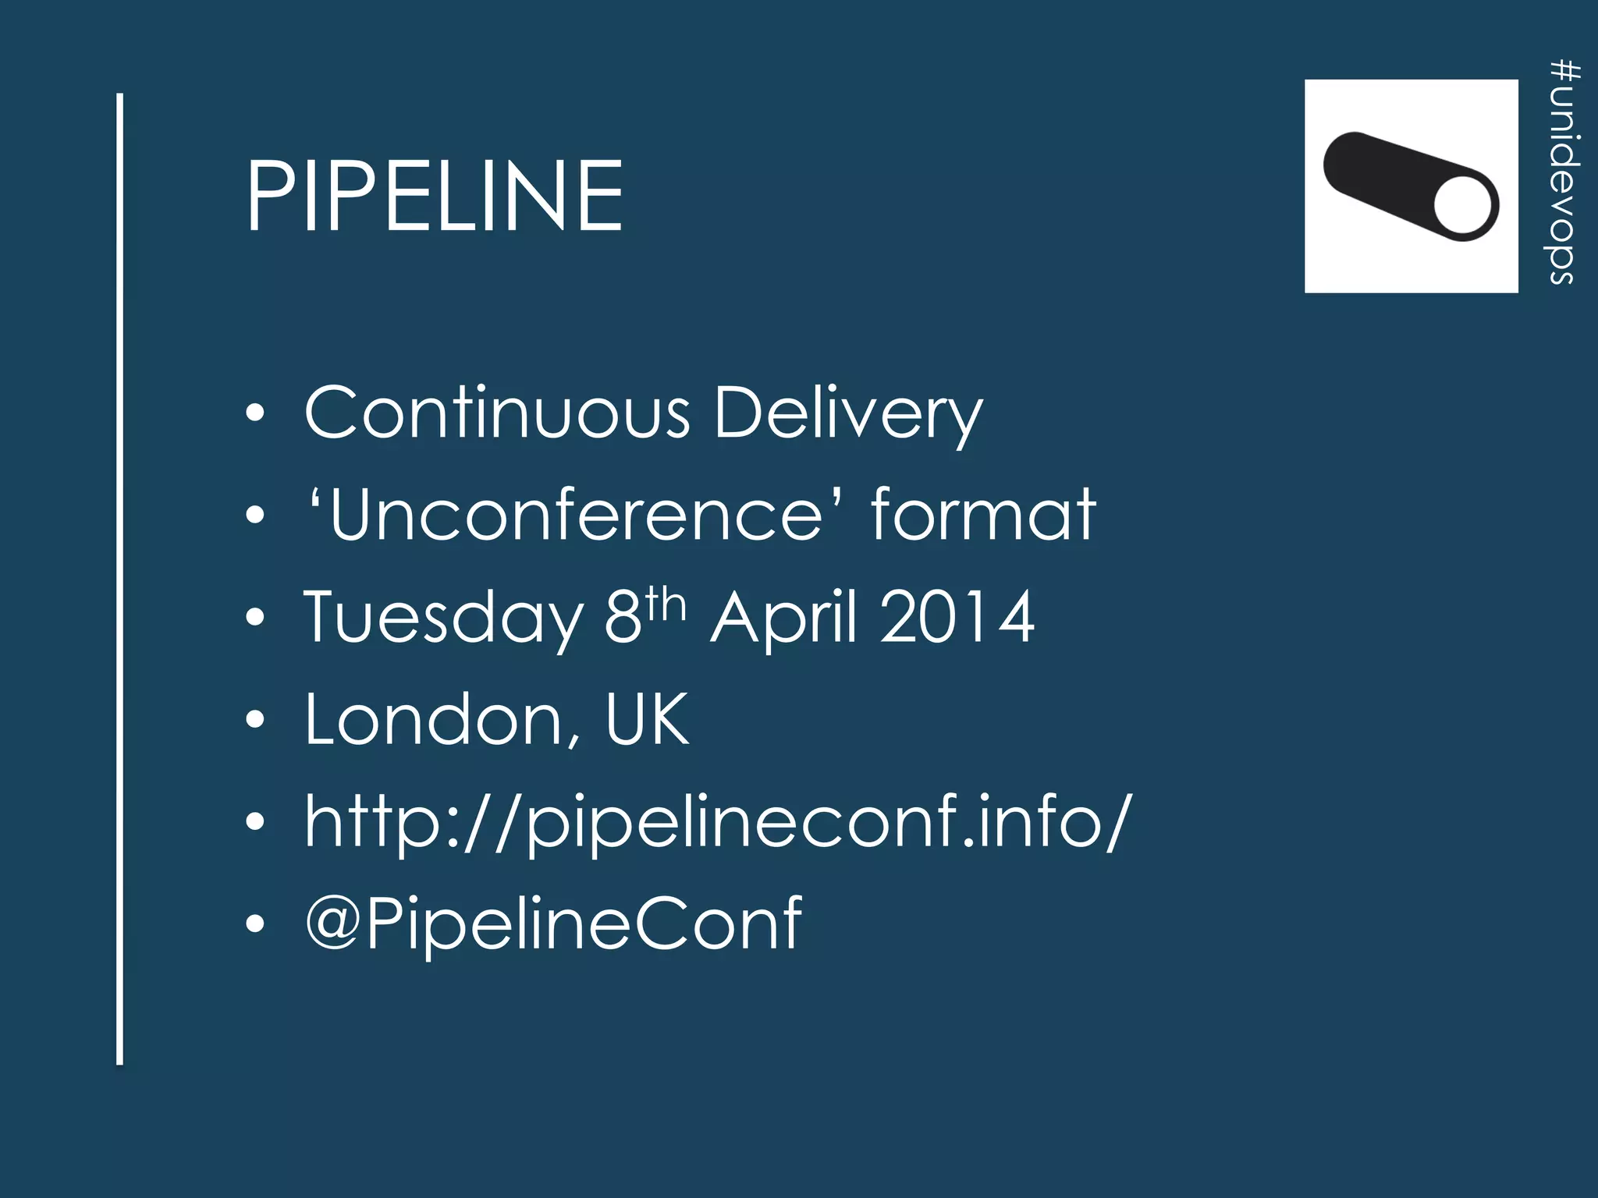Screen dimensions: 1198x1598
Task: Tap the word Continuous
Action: [497, 413]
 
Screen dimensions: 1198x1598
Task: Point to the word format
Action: [983, 514]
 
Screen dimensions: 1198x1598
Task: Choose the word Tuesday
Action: [443, 618]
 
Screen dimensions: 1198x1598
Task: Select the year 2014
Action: [958, 617]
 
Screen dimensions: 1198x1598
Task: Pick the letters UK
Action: [647, 719]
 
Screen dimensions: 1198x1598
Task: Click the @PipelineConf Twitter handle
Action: [553, 924]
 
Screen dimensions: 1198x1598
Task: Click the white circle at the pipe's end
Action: [1463, 204]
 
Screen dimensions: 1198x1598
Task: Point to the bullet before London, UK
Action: [255, 719]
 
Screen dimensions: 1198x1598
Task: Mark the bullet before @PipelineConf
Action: [255, 924]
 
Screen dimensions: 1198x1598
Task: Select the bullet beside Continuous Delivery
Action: [255, 413]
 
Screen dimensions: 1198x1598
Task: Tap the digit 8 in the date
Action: [623, 617]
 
